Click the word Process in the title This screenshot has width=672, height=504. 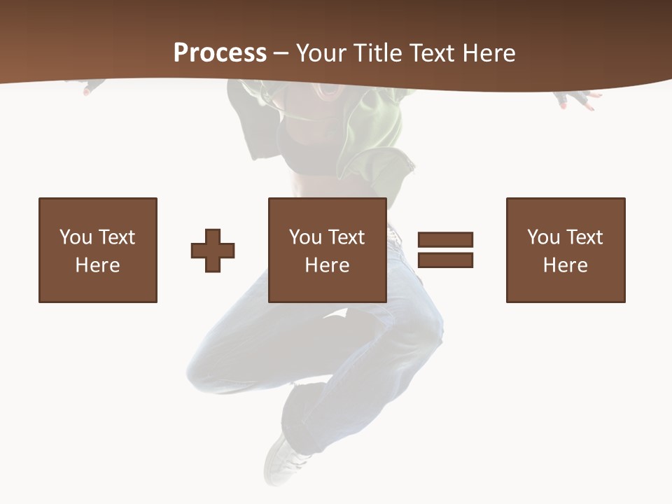coord(220,53)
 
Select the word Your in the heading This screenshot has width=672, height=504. coord(322,53)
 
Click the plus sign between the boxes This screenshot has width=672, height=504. coord(213,251)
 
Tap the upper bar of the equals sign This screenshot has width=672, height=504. coord(445,239)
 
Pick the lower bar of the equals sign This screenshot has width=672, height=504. coord(445,260)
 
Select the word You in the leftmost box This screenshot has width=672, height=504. coord(76,237)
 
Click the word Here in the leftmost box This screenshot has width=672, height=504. coord(97,265)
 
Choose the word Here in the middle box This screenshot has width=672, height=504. coord(327,265)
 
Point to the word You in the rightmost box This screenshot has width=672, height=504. coord(543,237)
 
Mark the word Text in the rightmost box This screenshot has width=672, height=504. coord(584,237)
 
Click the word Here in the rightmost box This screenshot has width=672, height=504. coord(565,265)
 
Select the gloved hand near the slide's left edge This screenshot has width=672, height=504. coord(92,87)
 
